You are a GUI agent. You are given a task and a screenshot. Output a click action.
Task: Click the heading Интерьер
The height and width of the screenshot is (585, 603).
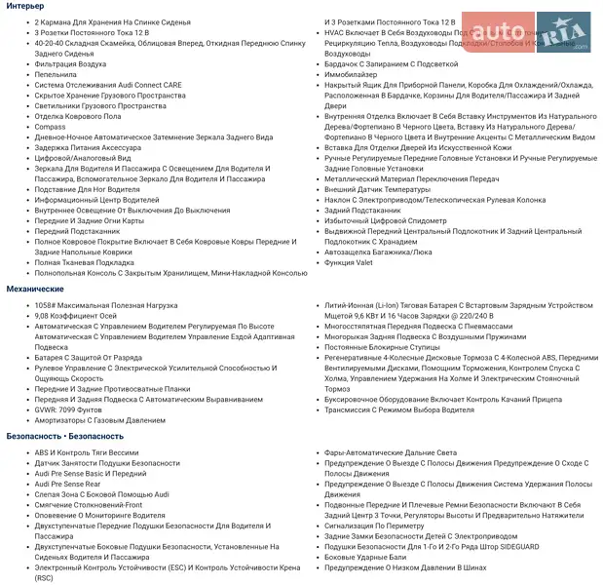[x=25, y=7]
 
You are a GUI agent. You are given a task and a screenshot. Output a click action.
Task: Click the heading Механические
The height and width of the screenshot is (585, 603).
[x=36, y=290]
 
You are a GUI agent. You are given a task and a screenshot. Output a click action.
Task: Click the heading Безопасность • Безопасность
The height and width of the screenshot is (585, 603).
[x=65, y=436]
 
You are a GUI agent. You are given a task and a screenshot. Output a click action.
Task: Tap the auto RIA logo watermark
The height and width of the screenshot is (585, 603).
[x=526, y=32]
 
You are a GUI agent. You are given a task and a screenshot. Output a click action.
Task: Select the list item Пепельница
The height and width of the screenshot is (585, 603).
[x=56, y=74]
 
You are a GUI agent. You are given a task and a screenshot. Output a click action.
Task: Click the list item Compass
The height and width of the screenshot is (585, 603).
[x=50, y=127]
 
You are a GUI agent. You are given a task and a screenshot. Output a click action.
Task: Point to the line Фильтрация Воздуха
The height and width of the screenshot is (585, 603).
[x=70, y=63]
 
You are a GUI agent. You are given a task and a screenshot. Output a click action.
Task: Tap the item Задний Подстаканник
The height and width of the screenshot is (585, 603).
[x=364, y=210]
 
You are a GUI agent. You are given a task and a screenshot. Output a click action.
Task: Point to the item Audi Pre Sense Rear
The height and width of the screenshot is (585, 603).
[x=68, y=484]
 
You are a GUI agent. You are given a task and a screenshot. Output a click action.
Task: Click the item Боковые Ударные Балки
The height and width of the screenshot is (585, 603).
[x=365, y=557]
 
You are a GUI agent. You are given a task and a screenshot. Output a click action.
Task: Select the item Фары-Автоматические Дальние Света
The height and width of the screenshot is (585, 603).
[x=391, y=452]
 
